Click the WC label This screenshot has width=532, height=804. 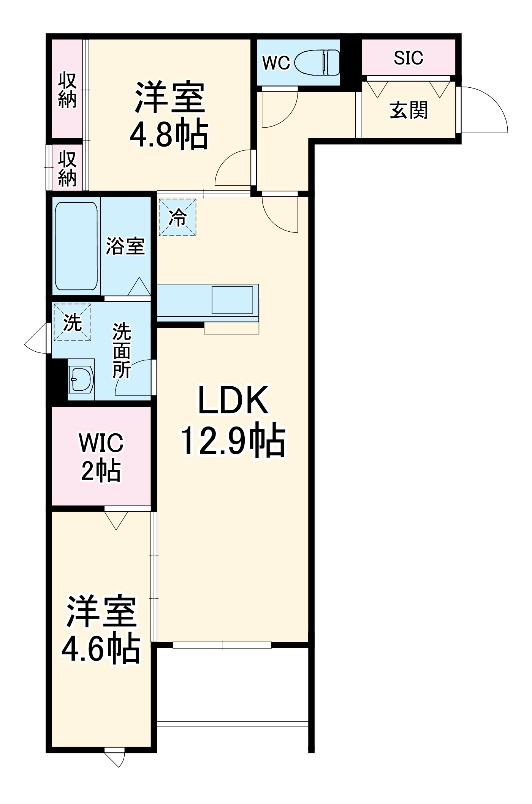pyautogui.click(x=276, y=63)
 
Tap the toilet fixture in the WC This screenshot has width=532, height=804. pyautogui.click(x=317, y=62)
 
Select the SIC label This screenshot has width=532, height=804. pyautogui.click(x=408, y=58)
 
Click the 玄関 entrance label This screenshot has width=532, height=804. pyautogui.click(x=409, y=111)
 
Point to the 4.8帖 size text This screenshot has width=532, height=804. pyautogui.click(x=169, y=134)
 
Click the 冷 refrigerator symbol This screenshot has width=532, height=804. pyautogui.click(x=177, y=218)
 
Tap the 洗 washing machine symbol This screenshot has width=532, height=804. pyautogui.click(x=72, y=322)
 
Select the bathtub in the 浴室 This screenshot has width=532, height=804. pyautogui.click(x=76, y=246)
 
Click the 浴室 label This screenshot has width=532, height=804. pyautogui.click(x=125, y=246)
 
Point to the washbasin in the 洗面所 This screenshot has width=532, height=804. pyautogui.click(x=81, y=379)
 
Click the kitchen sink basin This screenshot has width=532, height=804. pyautogui.click(x=232, y=300)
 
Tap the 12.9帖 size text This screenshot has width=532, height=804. pyautogui.click(x=233, y=440)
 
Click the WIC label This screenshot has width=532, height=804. pyautogui.click(x=101, y=443)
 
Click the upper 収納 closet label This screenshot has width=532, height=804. pyautogui.click(x=67, y=90)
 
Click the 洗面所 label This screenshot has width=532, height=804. pyautogui.click(x=122, y=351)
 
